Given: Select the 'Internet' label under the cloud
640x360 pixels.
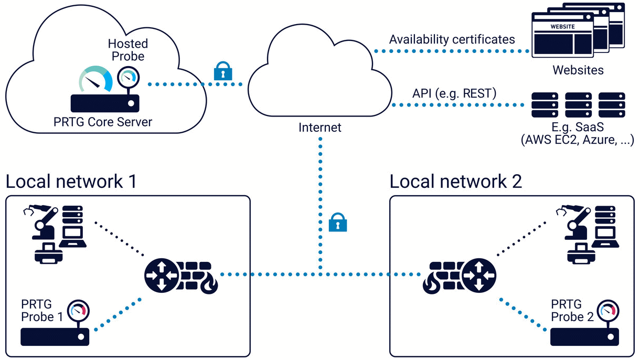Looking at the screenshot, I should click(x=320, y=128).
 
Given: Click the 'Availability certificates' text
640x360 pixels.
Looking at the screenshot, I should click(x=452, y=39).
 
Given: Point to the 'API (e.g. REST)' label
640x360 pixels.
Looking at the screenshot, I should click(x=454, y=93).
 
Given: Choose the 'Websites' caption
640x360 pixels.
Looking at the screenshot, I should click(x=578, y=70).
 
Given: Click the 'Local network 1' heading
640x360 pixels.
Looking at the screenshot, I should click(x=71, y=182).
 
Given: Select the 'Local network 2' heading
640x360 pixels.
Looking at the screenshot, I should click(x=456, y=182).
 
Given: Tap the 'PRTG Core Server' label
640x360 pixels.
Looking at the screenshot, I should click(x=103, y=122).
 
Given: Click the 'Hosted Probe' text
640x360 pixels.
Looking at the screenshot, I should click(x=127, y=49).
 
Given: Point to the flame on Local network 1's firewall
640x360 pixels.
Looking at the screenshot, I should click(x=212, y=286).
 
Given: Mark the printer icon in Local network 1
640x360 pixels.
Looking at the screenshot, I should click(x=48, y=252).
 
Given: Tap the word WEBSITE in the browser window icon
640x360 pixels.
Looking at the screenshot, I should click(x=562, y=26).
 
